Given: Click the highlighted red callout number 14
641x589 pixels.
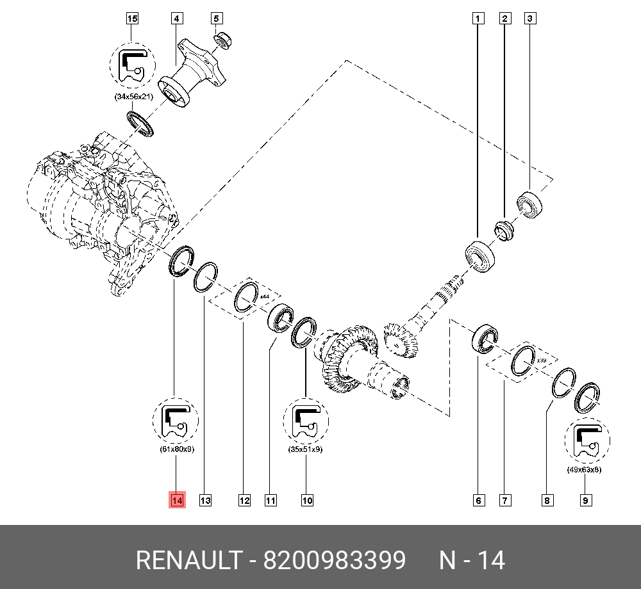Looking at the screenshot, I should pyautogui.click(x=177, y=500).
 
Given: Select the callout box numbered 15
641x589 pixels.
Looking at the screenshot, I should pyautogui.click(x=132, y=19).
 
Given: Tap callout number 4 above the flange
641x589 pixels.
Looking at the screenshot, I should pyautogui.click(x=176, y=19).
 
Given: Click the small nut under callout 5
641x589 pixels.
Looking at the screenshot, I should pyautogui.click(x=222, y=39).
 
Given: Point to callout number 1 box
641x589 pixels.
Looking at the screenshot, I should pyautogui.click(x=478, y=19).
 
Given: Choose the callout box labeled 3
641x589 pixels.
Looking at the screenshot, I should pyautogui.click(x=530, y=19).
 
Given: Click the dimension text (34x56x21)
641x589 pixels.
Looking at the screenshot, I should pyautogui.click(x=133, y=97).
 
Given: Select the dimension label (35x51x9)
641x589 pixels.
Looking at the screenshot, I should pyautogui.click(x=306, y=450).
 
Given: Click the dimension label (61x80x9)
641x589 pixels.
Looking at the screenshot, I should pyautogui.click(x=176, y=449).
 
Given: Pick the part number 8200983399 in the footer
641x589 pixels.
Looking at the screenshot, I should pyautogui.click(x=335, y=561).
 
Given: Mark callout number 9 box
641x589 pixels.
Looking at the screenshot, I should pyautogui.click(x=585, y=501).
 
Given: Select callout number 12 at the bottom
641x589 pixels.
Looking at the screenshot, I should pyautogui.click(x=244, y=501).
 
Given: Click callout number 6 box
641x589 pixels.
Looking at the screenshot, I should pyautogui.click(x=479, y=501).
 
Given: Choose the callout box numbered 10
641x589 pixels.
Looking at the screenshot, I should pyautogui.click(x=307, y=501).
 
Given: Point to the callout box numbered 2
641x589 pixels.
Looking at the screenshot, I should pyautogui.click(x=505, y=19).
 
